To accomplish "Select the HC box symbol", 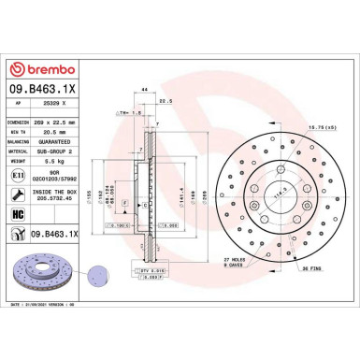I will (20, 215).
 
